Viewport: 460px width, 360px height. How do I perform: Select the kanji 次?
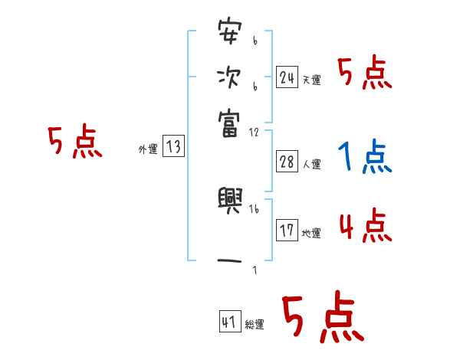coord(229,78)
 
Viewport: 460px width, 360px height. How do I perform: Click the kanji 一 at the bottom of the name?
coord(229,261)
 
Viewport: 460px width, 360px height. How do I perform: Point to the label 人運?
coord(311,164)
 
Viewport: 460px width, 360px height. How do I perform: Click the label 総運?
coord(254,325)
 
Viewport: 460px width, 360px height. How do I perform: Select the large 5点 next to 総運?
coord(322,318)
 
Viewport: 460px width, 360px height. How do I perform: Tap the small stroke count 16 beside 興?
coord(254,208)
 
